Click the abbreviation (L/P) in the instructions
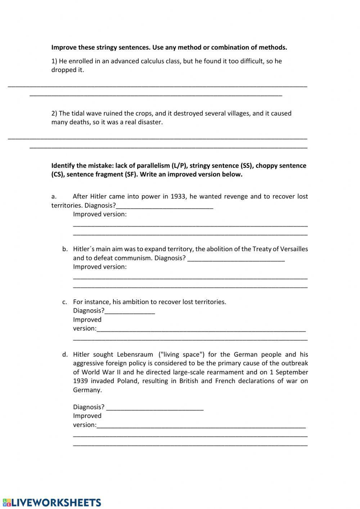(x=179, y=166)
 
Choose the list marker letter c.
(x=64, y=302)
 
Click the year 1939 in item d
(x=81, y=381)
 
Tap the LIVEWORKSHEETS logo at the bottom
(x=52, y=503)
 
